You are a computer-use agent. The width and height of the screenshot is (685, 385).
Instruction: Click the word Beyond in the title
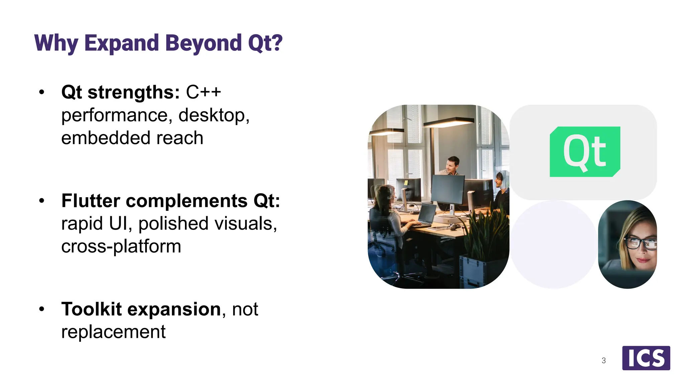click(x=203, y=43)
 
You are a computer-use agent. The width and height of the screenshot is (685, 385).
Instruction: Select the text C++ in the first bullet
click(x=203, y=92)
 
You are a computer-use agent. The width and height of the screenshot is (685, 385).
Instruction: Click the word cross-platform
click(x=121, y=246)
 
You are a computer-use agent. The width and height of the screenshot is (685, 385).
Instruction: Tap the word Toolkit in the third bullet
click(x=91, y=309)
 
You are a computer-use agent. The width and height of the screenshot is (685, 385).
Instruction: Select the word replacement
click(x=113, y=332)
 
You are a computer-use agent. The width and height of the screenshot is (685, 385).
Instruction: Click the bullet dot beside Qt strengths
click(x=41, y=92)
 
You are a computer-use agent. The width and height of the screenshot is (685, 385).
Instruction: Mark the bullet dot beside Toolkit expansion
click(x=41, y=309)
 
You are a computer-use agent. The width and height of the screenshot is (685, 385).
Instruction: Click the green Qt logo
click(x=585, y=152)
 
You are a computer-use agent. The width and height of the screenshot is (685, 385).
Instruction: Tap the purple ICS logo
click(x=646, y=358)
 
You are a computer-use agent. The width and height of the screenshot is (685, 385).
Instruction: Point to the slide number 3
click(x=603, y=361)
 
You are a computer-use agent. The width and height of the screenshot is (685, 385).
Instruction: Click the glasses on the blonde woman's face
click(x=639, y=243)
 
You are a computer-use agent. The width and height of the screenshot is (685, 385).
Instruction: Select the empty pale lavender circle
click(x=554, y=244)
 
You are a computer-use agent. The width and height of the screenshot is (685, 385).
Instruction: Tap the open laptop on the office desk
click(x=426, y=215)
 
